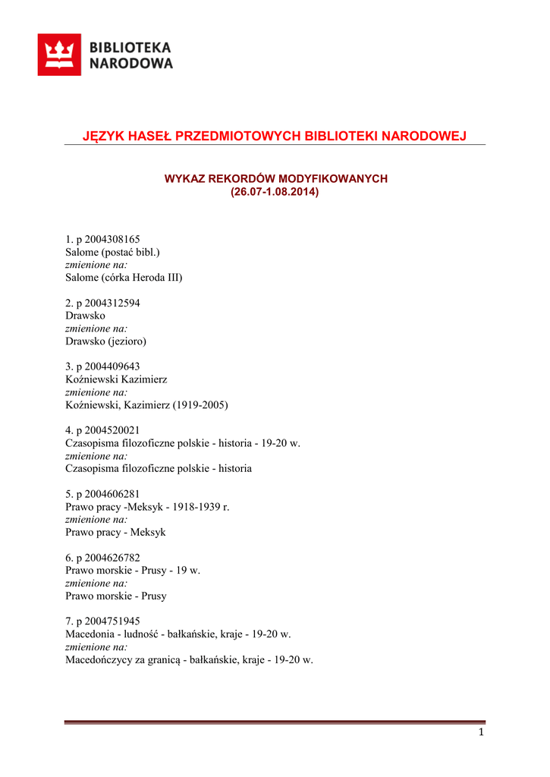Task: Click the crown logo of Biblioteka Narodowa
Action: (59, 55)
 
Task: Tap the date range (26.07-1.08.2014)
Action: (275, 192)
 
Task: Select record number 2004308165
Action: (108, 239)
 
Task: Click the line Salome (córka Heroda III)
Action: (124, 278)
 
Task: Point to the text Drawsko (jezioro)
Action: (106, 341)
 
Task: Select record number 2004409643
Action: (108, 366)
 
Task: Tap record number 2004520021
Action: (108, 430)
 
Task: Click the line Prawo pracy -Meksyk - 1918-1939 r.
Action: (147, 507)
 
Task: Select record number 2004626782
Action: (108, 558)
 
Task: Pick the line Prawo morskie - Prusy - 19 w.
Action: (133, 571)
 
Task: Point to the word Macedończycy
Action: (100, 660)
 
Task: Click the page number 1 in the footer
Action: (481, 732)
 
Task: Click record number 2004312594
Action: (108, 303)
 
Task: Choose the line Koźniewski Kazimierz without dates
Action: (116, 379)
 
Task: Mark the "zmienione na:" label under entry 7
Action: (96, 647)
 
